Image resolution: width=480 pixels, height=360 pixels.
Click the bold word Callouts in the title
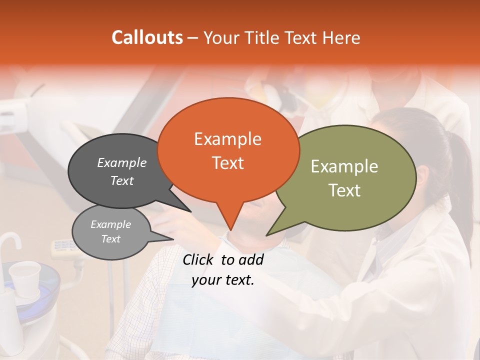(x=147, y=37)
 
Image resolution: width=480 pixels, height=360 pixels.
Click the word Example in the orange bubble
(x=227, y=139)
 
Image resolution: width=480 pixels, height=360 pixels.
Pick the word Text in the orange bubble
(x=227, y=163)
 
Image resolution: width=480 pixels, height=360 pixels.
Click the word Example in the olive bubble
(x=344, y=166)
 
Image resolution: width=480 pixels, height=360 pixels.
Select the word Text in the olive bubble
(x=345, y=190)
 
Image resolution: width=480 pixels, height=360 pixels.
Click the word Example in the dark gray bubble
(x=122, y=162)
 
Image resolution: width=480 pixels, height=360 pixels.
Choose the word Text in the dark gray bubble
(x=122, y=180)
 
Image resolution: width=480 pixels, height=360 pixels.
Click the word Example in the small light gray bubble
(x=110, y=224)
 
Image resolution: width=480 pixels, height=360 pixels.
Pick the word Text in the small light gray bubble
(x=110, y=239)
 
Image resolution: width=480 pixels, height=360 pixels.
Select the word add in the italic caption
(x=251, y=259)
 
